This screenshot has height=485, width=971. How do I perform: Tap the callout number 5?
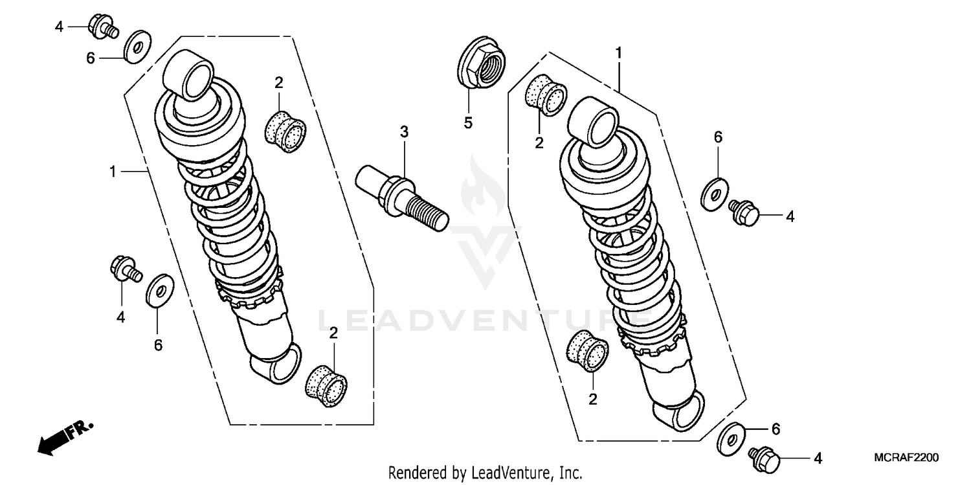(468, 122)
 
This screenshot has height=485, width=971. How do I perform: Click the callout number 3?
(404, 133)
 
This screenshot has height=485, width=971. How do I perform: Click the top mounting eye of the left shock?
(190, 74)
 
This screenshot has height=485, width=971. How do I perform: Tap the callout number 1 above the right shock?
(618, 52)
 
